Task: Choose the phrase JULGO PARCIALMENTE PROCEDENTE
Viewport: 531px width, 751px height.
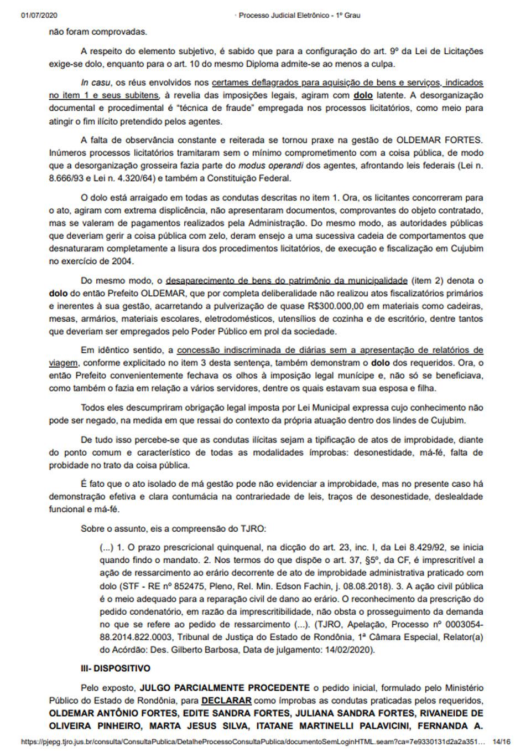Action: [x=225, y=687]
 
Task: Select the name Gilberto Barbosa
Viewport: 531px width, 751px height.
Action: [x=181, y=649]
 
